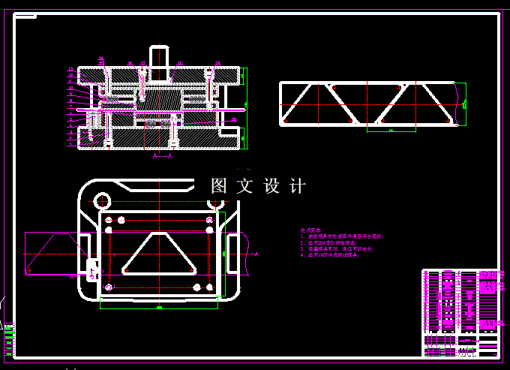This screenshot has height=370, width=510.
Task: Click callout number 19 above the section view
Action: (101, 59)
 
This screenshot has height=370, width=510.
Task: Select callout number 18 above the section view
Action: (130, 64)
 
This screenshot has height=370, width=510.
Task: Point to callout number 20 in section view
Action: (234, 119)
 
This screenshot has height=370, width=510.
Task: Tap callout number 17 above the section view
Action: (141, 64)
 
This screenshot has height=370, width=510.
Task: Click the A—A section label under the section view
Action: (163, 157)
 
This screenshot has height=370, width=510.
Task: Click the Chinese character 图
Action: (219, 186)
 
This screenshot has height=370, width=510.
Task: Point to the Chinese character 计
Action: (297, 186)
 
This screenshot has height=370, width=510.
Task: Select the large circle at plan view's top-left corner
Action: (103, 200)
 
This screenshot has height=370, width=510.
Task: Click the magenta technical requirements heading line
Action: (310, 230)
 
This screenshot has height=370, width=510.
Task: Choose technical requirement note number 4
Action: (330, 255)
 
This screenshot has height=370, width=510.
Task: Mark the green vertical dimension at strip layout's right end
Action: (464, 103)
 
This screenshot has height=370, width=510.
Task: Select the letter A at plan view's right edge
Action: (257, 255)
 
